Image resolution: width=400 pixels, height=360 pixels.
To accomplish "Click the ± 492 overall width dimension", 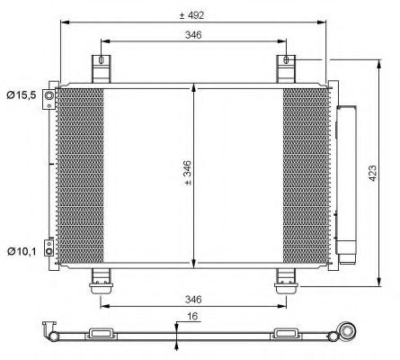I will pyautogui.click(x=195, y=13).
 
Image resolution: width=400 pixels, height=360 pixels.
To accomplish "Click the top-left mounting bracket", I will pyautogui.click(x=101, y=69).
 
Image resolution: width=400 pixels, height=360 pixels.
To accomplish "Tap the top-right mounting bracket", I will pyautogui.click(x=287, y=69).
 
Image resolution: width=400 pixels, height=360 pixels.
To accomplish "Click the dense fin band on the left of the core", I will pyautogui.click(x=81, y=176).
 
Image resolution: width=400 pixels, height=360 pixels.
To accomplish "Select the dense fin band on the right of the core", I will pyautogui.click(x=306, y=176).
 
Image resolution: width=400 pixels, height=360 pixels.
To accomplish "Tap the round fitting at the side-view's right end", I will pyautogui.click(x=343, y=336).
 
